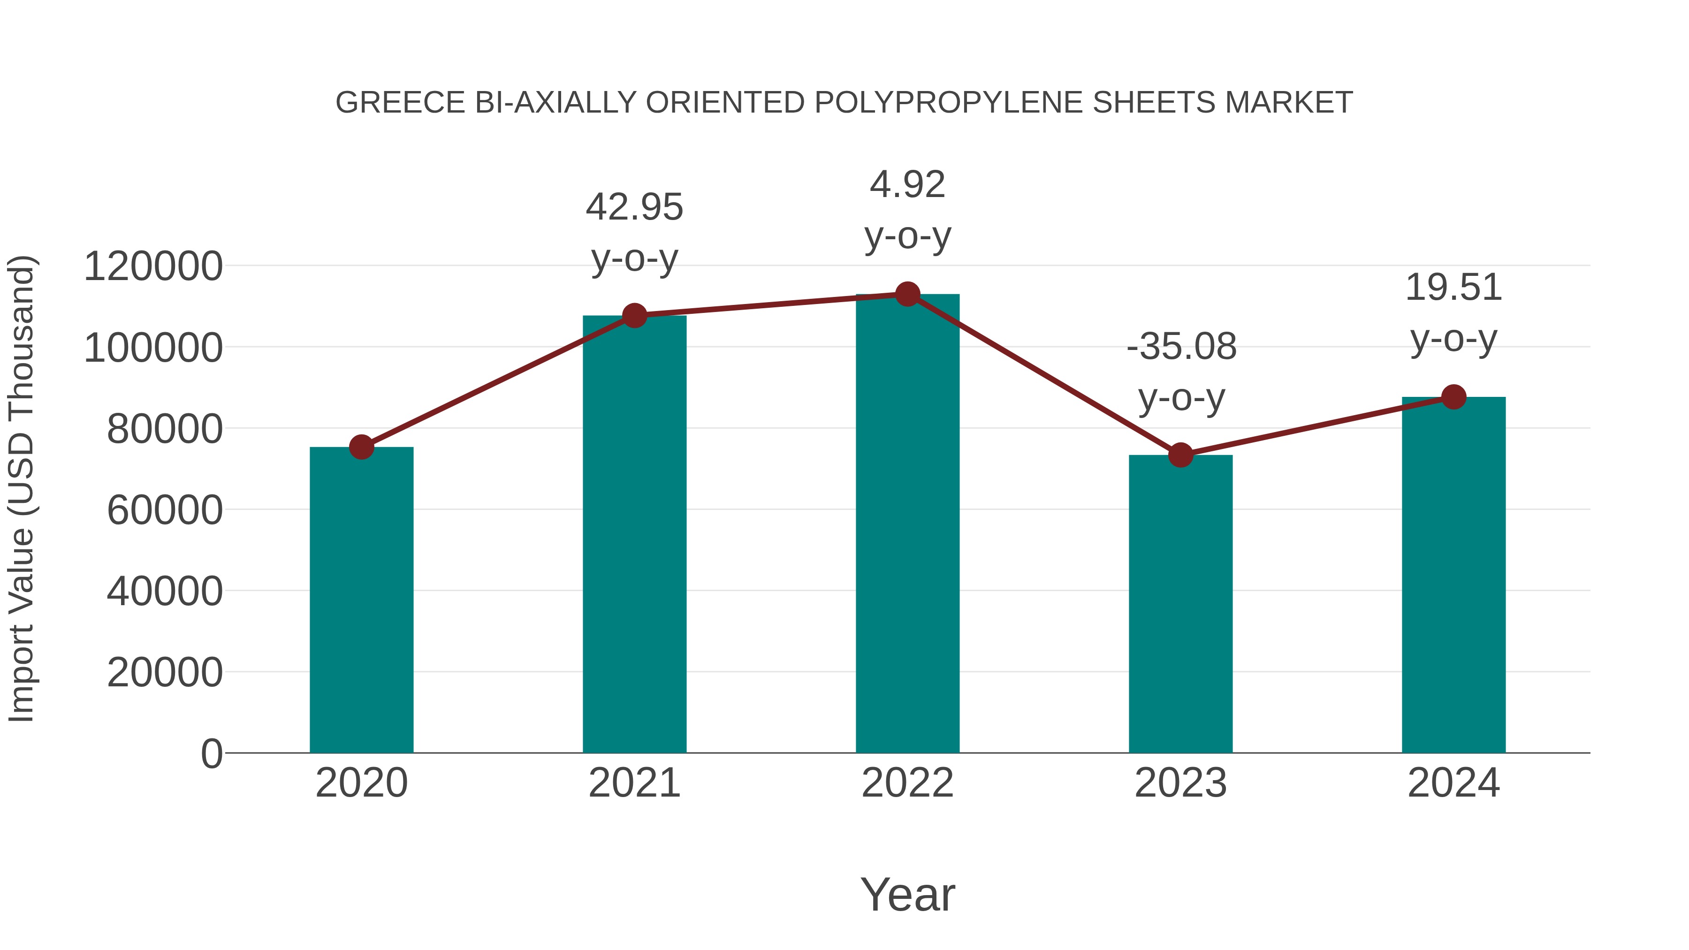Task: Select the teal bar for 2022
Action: (x=907, y=524)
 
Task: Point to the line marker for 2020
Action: (x=361, y=447)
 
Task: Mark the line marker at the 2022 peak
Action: (x=907, y=294)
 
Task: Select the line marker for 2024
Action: (x=1453, y=396)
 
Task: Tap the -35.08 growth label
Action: (x=1181, y=347)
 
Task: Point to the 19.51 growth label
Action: (x=1453, y=289)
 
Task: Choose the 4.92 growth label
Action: (x=907, y=185)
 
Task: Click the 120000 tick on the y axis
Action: (x=153, y=267)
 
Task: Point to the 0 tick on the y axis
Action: (x=211, y=753)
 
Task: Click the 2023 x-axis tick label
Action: (x=1180, y=783)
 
